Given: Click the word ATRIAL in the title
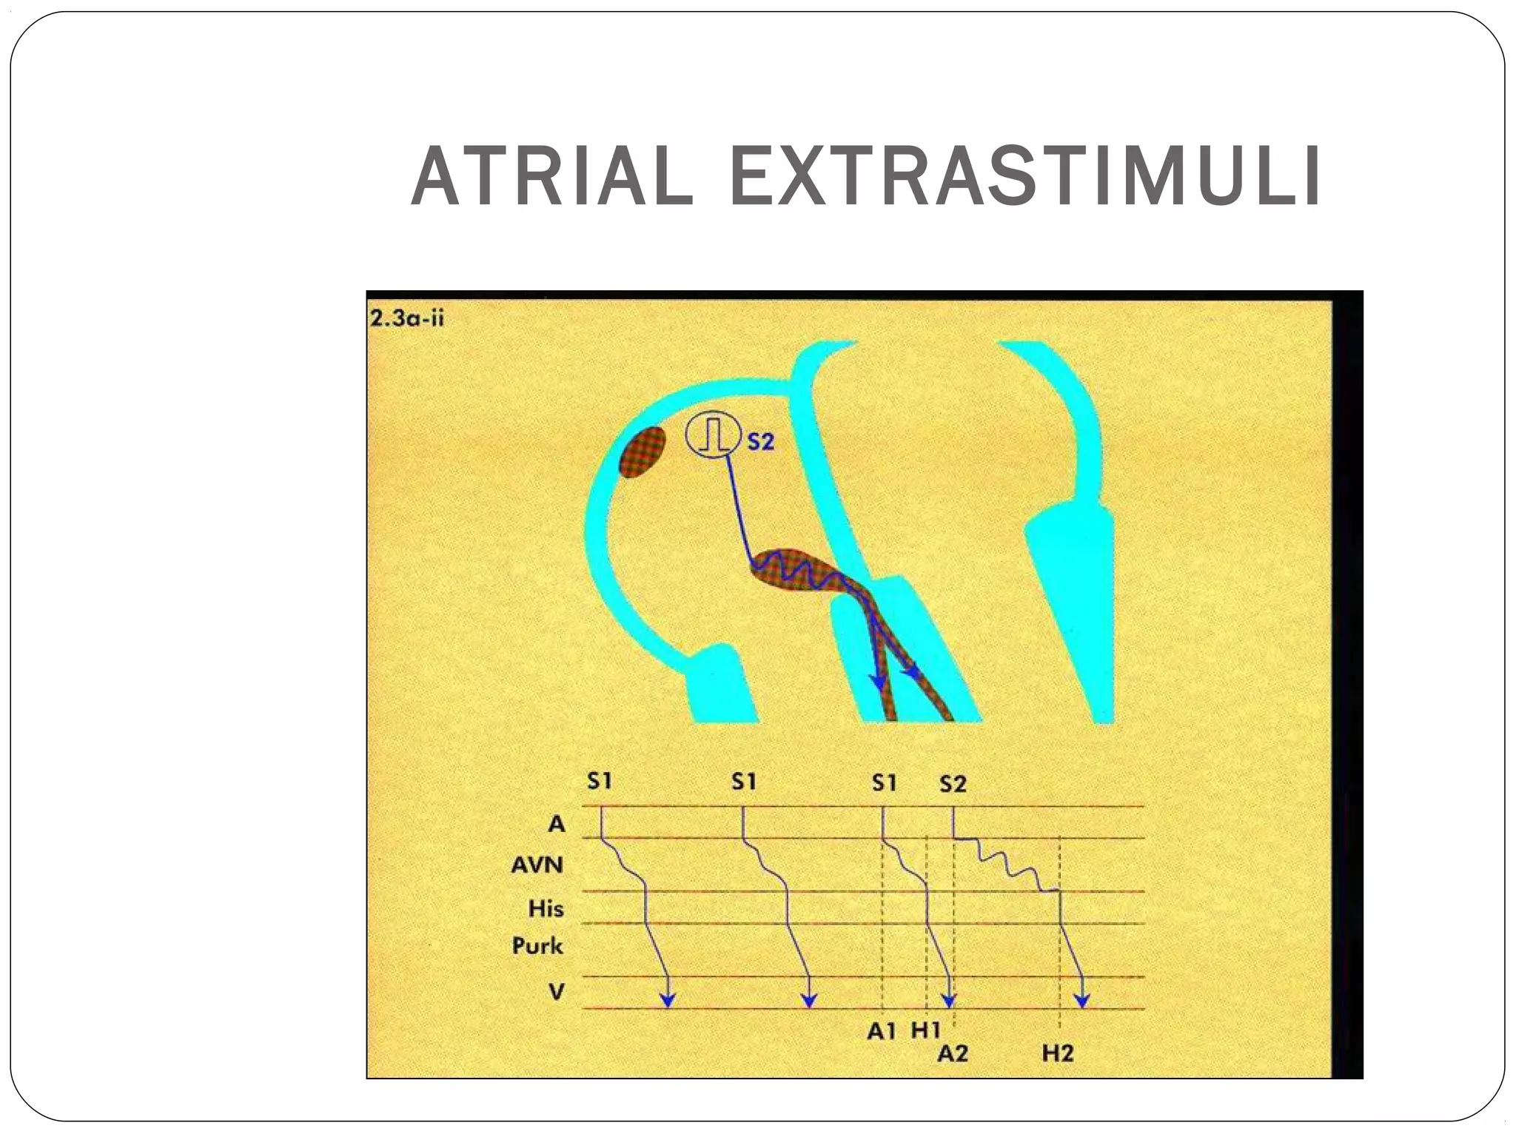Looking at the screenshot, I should (552, 178).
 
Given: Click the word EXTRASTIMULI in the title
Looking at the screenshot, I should (1025, 178).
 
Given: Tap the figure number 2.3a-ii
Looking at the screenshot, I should (406, 319).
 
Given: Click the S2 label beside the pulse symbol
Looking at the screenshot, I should (760, 442).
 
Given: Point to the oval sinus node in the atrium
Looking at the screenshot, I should (642, 451).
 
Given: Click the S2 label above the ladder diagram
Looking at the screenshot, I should (953, 784).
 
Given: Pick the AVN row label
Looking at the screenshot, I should (537, 865).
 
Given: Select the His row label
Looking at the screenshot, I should (546, 908).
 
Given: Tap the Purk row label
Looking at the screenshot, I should (537, 945).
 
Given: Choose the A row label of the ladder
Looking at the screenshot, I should (556, 823).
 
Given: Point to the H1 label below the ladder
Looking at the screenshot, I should (925, 1030).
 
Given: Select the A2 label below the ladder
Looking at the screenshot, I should (953, 1053).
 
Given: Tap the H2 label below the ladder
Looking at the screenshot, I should (1058, 1053).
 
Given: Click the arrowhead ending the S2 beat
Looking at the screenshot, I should (1082, 1001).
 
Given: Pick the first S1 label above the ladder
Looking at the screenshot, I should (599, 782).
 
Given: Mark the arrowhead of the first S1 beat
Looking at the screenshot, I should (668, 1001).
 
